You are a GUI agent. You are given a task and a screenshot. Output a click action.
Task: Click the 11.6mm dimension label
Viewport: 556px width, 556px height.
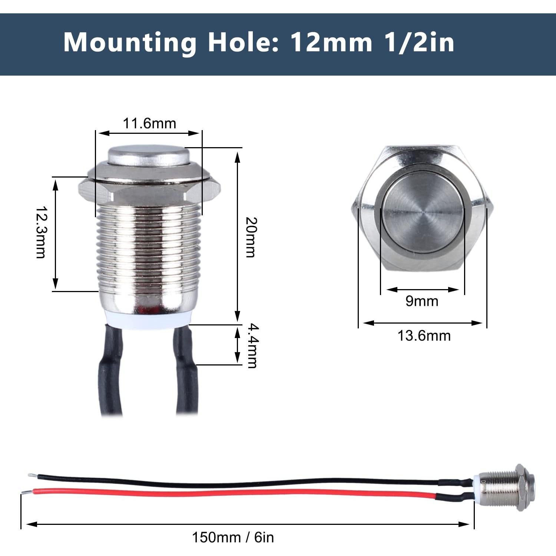point(149,123)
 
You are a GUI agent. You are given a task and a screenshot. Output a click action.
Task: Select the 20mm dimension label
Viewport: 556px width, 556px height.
point(251,237)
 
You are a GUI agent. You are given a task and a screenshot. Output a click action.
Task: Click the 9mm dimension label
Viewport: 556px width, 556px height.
point(422,301)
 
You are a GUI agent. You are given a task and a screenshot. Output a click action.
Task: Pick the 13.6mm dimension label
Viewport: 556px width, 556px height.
point(424,336)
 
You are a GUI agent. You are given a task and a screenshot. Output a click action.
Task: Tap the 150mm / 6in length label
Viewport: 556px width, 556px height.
point(233,537)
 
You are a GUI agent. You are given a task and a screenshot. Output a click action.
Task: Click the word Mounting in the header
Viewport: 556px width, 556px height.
point(130,43)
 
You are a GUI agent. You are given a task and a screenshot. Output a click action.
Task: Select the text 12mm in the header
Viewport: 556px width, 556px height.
point(331,43)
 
